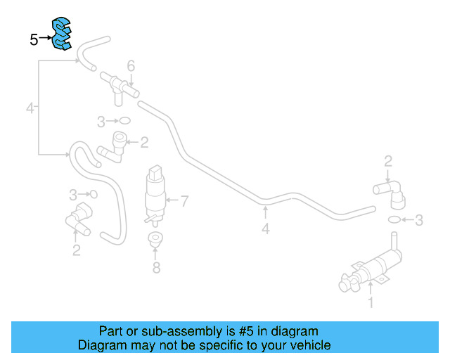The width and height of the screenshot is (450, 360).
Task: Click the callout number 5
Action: click(34, 39)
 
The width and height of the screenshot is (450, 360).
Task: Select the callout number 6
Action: click(131, 66)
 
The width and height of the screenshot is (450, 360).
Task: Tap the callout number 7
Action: click(184, 201)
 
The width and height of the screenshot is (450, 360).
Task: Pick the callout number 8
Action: click(156, 267)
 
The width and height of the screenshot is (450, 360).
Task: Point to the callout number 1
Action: click(371, 304)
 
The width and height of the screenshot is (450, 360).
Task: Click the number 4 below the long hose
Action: click(265, 229)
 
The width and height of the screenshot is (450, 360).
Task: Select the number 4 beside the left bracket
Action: click(30, 108)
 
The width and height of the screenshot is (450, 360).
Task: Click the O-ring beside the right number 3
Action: click(396, 220)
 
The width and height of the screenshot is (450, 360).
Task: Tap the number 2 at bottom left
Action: click(76, 249)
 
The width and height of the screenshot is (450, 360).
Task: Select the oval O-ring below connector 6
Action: click(123, 120)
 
